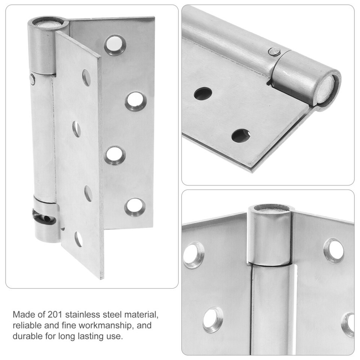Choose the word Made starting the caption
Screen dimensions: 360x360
click(22, 314)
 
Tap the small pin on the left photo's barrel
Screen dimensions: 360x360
click(33, 79)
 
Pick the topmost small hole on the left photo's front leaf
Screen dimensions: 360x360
click(86, 78)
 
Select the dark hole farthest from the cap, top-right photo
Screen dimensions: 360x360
click(202, 93)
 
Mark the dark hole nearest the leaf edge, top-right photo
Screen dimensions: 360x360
click(241, 136)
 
